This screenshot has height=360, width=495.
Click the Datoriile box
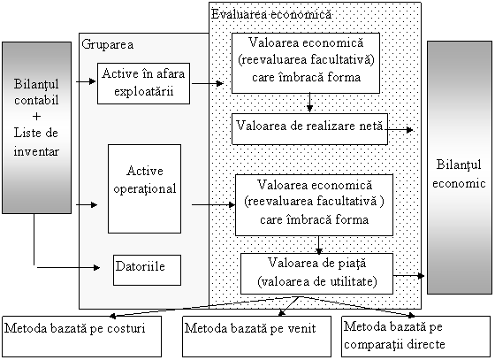click(147, 270)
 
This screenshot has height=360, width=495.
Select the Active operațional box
click(145, 188)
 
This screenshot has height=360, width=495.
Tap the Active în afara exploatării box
click(143, 83)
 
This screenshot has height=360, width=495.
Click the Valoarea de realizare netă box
click(309, 129)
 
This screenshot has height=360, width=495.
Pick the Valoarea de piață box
click(317, 273)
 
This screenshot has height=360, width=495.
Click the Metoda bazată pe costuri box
click(82, 336)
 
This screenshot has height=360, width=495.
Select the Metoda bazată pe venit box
click(257, 336)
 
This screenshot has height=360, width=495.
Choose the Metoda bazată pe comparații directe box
click(416, 336)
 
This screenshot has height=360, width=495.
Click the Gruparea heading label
click(107, 44)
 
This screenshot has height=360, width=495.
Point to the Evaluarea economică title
click(271, 14)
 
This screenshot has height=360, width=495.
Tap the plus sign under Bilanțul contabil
click(36, 117)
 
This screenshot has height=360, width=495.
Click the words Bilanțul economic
click(459, 173)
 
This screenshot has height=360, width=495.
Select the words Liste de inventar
click(36, 142)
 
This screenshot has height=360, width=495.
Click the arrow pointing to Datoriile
click(68, 268)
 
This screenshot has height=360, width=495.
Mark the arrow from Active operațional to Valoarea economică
click(213, 204)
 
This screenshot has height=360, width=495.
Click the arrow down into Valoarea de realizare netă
click(309, 103)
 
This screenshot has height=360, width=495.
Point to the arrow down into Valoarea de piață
click(319, 245)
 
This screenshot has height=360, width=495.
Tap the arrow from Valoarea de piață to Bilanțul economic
click(408, 276)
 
